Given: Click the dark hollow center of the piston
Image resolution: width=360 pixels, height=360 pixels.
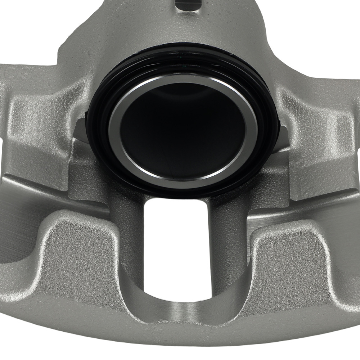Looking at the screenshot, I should coord(182,130).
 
